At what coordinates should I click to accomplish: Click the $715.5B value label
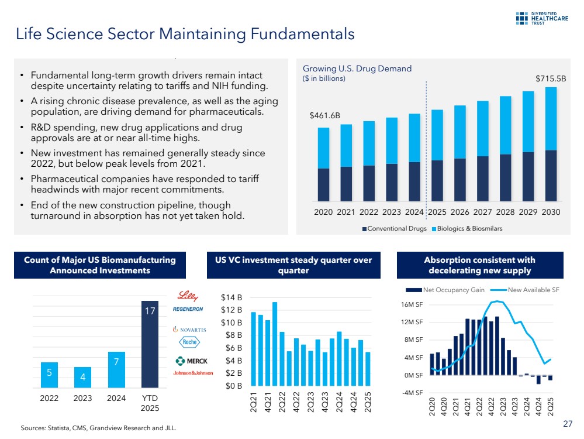click(x=550, y=78)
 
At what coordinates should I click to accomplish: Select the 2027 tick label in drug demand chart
click(x=482, y=212)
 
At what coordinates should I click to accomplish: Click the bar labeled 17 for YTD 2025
click(x=150, y=345)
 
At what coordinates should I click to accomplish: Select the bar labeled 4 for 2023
click(x=83, y=377)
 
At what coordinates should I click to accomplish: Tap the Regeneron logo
click(x=188, y=308)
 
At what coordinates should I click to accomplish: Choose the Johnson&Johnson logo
click(x=192, y=373)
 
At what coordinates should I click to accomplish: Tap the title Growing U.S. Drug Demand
click(x=357, y=68)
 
